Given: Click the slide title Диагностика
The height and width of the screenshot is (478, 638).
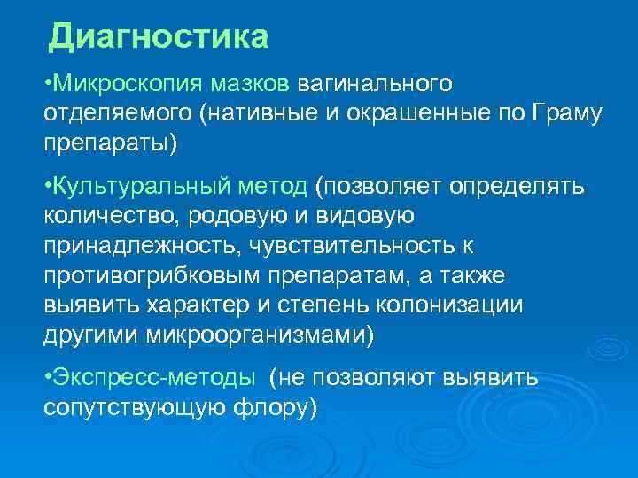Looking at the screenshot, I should pyautogui.click(x=158, y=36).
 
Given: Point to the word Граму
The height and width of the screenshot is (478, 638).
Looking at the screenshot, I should pyautogui.click(x=568, y=113).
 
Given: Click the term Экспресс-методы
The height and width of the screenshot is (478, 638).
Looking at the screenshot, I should pyautogui.click(x=154, y=377).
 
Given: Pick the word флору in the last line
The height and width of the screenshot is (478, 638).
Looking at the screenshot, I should pyautogui.click(x=279, y=408).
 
